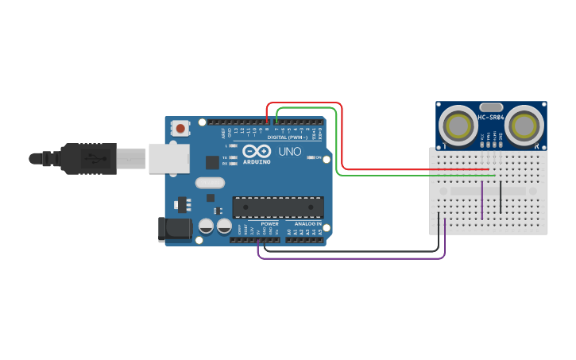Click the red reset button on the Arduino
point(181,128)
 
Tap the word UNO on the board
point(289,151)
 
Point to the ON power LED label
point(318,157)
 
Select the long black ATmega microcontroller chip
point(277,207)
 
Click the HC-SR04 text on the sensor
point(491,118)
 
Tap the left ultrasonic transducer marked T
point(458,125)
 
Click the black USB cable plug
point(87,158)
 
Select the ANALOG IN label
point(307,224)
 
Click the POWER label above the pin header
point(270,224)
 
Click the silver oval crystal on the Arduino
point(210,183)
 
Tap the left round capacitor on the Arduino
point(205,226)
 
